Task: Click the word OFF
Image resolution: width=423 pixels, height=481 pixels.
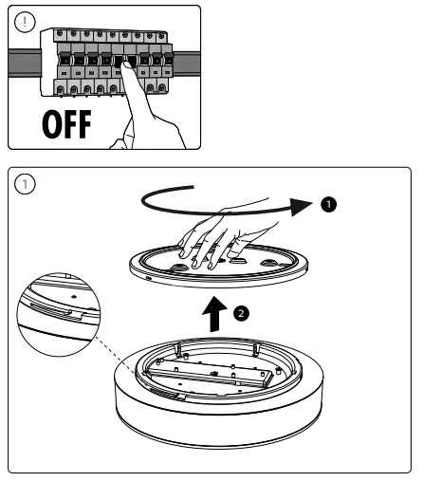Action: click(x=66, y=124)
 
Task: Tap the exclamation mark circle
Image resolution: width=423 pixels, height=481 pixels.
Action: click(x=25, y=22)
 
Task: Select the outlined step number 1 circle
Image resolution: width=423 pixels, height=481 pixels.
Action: click(x=25, y=184)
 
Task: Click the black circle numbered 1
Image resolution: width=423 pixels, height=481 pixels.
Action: click(x=328, y=204)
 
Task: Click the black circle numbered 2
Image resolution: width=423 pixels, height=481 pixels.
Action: click(x=241, y=313)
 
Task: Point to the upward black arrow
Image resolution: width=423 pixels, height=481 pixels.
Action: click(x=214, y=314)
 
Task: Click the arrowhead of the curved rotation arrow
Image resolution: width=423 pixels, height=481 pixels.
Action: click(x=301, y=206)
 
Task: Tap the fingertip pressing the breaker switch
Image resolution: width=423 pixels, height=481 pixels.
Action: click(x=126, y=65)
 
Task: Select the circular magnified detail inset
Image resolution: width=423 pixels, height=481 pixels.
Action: click(x=59, y=315)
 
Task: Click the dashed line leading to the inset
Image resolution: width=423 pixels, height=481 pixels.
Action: click(x=116, y=355)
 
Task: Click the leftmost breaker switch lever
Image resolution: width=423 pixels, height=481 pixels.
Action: click(x=64, y=59)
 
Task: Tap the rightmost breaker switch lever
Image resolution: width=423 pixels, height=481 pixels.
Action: click(x=169, y=59)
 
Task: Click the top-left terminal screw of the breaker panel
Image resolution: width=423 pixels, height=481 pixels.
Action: click(x=60, y=33)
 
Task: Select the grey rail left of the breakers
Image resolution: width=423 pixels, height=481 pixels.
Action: click(x=25, y=63)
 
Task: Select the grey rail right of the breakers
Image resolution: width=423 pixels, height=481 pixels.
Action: click(x=187, y=63)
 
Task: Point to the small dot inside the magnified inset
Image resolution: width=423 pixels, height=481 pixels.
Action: click(x=74, y=297)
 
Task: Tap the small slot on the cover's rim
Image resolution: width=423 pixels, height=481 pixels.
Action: click(x=148, y=278)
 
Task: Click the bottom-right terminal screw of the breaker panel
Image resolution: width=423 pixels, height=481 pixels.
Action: click(x=162, y=87)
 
